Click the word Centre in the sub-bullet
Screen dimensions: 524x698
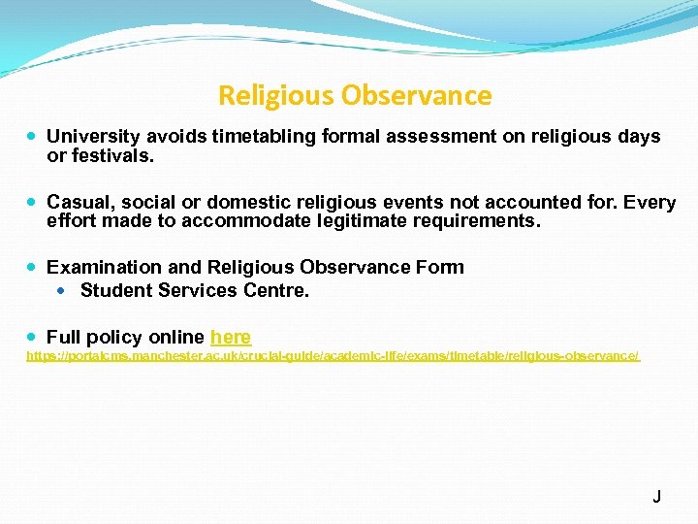click(x=277, y=290)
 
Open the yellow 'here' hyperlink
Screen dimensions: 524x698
click(x=231, y=337)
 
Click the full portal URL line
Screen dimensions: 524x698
click(x=333, y=357)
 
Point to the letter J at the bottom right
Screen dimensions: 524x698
click(x=656, y=497)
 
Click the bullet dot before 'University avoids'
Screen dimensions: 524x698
click(x=33, y=137)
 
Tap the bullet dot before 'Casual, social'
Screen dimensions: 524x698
click(x=33, y=202)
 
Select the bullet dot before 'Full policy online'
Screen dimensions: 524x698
click(x=33, y=337)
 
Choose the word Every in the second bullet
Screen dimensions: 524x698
click(x=650, y=202)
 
